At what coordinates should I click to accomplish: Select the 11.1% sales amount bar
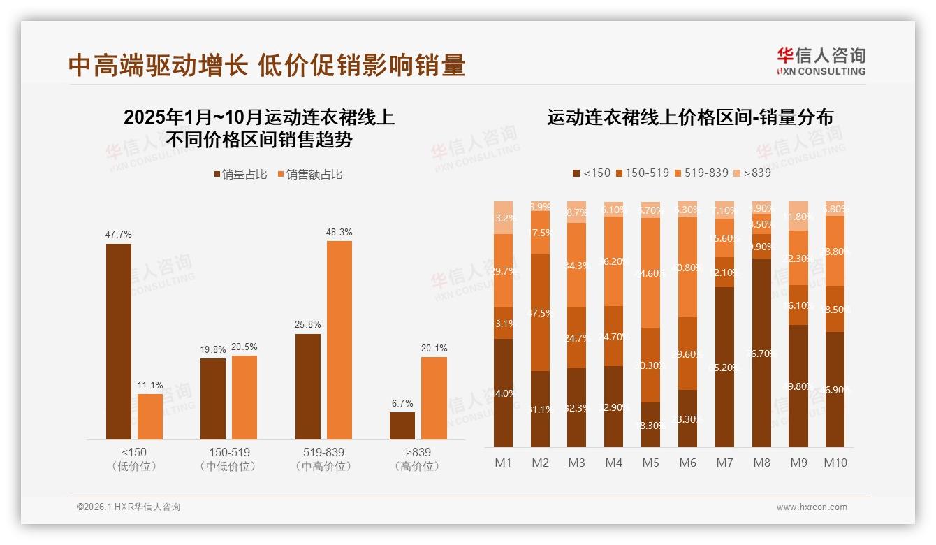click(150, 416)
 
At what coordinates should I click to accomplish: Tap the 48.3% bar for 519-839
click(339, 340)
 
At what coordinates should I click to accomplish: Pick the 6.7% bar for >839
click(402, 426)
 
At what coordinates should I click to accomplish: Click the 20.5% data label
click(244, 347)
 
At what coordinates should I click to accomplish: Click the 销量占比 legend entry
click(240, 175)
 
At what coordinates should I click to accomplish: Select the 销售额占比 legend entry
click(310, 175)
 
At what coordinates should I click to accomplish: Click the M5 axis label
click(650, 463)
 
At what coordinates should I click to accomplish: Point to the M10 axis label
click(835, 463)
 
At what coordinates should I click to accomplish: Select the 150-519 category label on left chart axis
click(228, 452)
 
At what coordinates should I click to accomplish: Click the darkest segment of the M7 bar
click(725, 367)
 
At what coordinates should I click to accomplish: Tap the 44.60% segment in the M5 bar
click(650, 273)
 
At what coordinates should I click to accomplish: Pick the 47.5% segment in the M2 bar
click(540, 312)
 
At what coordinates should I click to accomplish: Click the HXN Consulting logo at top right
click(821, 61)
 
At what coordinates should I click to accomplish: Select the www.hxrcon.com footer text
click(812, 507)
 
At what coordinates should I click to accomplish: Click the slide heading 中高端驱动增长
click(158, 66)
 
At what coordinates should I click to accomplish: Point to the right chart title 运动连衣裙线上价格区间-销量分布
click(689, 117)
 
